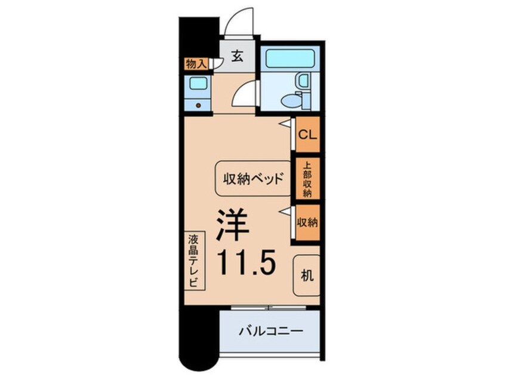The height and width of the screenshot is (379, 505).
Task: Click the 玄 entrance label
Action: pyautogui.click(x=236, y=57)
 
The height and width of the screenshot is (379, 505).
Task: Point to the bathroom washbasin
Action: pyautogui.click(x=303, y=81)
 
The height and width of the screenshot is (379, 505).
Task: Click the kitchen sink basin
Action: pyautogui.click(x=197, y=84)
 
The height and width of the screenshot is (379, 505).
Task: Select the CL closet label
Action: pyautogui.click(x=307, y=134)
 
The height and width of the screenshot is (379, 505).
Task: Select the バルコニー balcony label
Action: pyautogui.click(x=272, y=331)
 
